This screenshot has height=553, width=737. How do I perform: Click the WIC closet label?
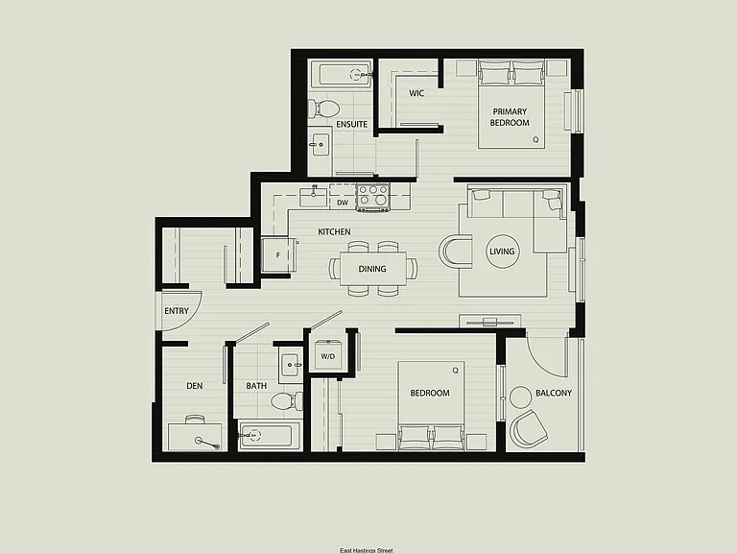[x=416, y=93]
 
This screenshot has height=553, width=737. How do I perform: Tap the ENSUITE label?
[x=351, y=124]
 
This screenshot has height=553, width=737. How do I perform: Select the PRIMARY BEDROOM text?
[x=510, y=117]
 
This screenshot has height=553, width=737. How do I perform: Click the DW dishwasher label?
[x=343, y=203]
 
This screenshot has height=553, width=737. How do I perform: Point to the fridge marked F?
[x=278, y=254]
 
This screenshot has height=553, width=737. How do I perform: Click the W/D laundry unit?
[x=328, y=356]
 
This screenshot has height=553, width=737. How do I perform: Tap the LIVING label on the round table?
[x=502, y=252]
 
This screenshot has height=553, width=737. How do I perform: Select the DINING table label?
[x=372, y=269]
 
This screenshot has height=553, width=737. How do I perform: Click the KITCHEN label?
[x=334, y=231]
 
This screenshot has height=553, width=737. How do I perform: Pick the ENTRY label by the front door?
[x=177, y=311]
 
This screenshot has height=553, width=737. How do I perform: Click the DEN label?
[x=195, y=386]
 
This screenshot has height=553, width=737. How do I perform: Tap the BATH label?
[x=256, y=386]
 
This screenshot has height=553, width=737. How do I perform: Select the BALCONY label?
[x=554, y=393]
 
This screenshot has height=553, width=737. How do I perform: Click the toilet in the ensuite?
[x=323, y=108]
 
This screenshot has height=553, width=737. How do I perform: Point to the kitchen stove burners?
[x=373, y=196]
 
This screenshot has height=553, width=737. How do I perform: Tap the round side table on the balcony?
[x=521, y=397]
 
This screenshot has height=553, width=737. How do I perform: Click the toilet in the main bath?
[x=287, y=400]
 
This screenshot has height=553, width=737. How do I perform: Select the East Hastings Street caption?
[x=367, y=550]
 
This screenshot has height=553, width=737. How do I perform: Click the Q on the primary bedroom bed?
[x=535, y=139]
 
